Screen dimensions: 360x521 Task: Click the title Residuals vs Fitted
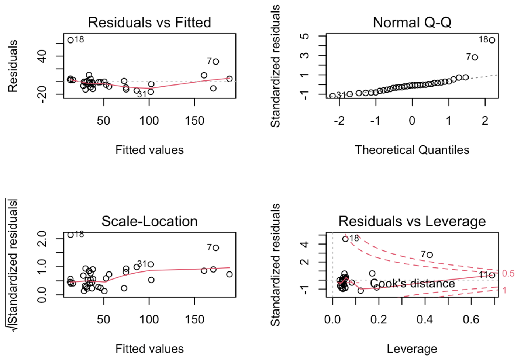click(x=149, y=22)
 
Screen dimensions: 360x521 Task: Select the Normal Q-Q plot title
click(x=412, y=22)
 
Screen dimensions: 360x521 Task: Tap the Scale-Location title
click(x=149, y=221)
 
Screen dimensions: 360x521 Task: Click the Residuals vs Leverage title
click(x=412, y=221)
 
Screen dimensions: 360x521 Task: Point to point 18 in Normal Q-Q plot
click(x=492, y=40)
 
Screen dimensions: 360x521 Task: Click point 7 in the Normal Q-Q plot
click(x=475, y=57)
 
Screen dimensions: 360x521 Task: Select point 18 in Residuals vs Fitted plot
click(x=70, y=40)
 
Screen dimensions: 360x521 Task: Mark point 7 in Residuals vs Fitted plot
click(x=216, y=62)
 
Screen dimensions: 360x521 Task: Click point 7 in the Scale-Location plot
click(x=216, y=248)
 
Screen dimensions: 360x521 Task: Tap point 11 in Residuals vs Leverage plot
click(x=492, y=275)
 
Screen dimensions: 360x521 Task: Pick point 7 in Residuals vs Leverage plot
click(x=430, y=255)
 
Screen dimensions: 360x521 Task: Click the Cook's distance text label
click(x=412, y=284)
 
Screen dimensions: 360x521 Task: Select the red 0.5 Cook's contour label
click(x=508, y=274)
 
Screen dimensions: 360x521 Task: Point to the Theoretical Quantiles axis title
click(x=412, y=150)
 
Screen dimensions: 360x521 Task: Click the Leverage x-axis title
click(x=412, y=349)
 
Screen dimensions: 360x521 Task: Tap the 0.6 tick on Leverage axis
click(x=471, y=319)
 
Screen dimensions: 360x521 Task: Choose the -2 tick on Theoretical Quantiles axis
click(x=339, y=121)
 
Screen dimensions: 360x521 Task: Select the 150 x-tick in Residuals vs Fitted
click(x=194, y=121)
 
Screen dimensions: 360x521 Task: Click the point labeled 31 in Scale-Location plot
click(x=151, y=264)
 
